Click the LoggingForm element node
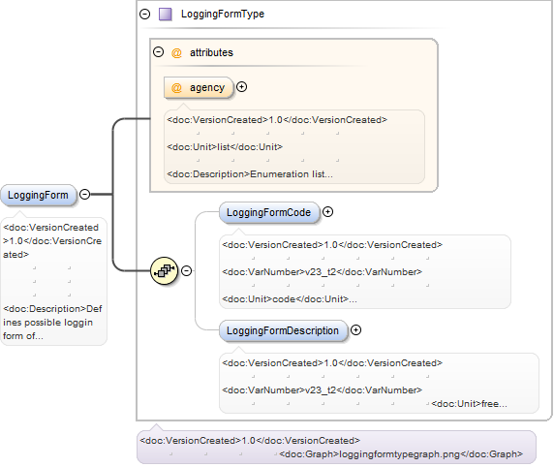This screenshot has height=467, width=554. (x=38, y=195)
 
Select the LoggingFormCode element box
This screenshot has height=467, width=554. (x=269, y=212)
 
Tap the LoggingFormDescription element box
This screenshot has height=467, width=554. (x=283, y=330)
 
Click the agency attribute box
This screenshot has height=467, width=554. (x=199, y=87)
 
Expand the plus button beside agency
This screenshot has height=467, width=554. (x=242, y=86)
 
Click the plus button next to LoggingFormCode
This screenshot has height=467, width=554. (x=328, y=212)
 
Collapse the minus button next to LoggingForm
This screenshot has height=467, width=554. (x=85, y=194)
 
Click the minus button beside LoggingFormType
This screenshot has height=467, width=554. (x=145, y=14)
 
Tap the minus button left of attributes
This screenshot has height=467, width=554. (x=158, y=52)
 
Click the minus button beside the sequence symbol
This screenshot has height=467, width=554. (x=187, y=270)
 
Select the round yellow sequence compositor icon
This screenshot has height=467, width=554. (x=164, y=270)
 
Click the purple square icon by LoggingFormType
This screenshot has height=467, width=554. (x=166, y=15)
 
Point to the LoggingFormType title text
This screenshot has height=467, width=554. (x=223, y=14)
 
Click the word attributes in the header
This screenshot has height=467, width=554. (x=212, y=52)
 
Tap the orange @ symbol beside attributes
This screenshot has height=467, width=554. (x=176, y=52)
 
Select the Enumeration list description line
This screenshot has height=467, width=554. (x=250, y=174)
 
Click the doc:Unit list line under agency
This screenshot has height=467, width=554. (x=225, y=146)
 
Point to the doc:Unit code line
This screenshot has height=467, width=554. (x=290, y=299)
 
